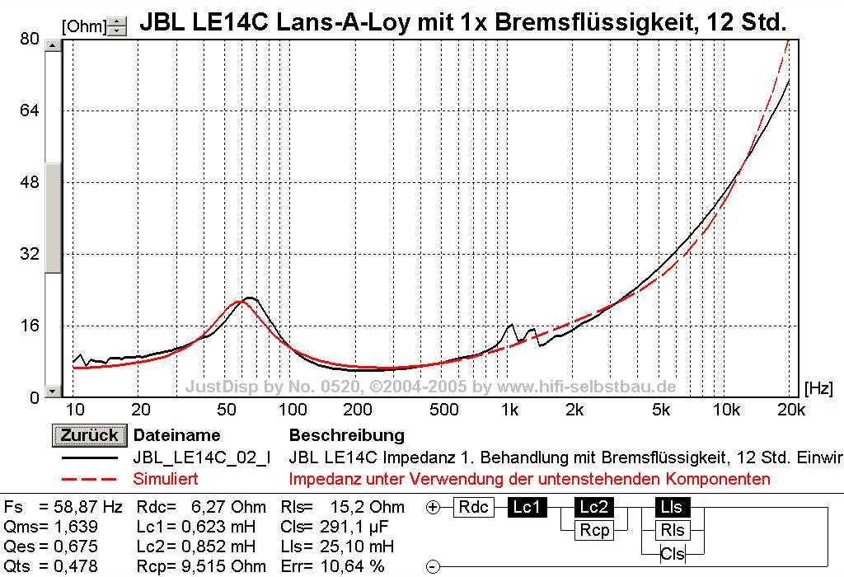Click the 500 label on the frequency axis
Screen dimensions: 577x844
444,409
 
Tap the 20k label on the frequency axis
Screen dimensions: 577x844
790,409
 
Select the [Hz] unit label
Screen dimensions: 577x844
818,386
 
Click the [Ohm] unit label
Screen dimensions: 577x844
84,26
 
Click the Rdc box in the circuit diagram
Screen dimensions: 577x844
473,507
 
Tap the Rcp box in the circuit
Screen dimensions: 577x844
594,531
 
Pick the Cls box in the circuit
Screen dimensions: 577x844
673,554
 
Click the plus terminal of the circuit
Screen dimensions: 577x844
434,508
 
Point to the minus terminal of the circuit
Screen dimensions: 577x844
434,567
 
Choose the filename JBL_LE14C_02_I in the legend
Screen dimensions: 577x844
201,457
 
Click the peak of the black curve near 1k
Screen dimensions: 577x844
512,325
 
